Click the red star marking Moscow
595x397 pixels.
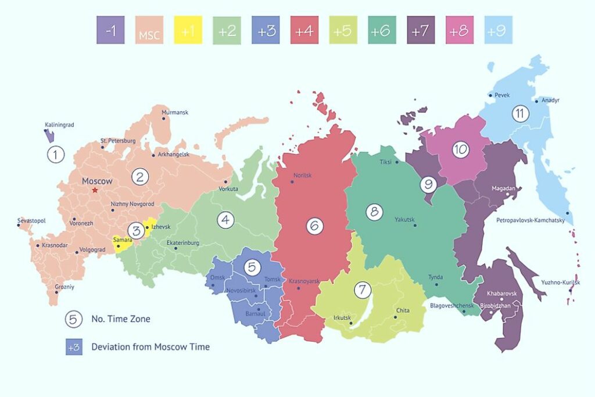coord(95,189)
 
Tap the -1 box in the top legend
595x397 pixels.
coord(111,31)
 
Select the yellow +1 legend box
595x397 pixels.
coord(188,31)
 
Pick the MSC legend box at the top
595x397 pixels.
coord(149,31)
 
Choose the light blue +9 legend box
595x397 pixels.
coord(498,31)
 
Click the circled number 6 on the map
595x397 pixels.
coord(314,226)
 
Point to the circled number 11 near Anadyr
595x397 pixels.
coord(520,114)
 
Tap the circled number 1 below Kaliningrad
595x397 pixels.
coord(55,155)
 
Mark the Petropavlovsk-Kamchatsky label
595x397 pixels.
coord(531,220)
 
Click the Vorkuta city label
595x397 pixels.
coord(228,189)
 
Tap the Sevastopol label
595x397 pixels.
coord(32,221)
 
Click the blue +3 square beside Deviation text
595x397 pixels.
coord(74,347)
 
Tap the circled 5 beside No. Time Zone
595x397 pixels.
coord(73,319)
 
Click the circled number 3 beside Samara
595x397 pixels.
coord(135,230)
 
